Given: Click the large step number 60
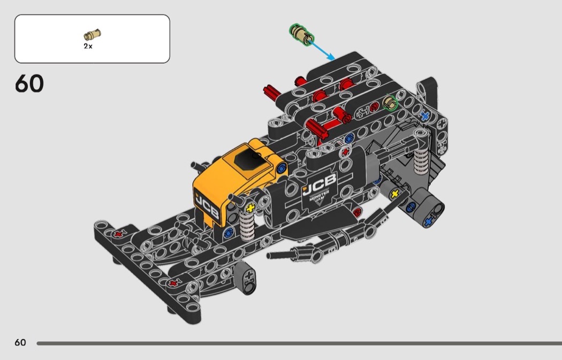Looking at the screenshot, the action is coord(29,83).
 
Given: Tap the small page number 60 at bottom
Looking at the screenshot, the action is coord(20,342).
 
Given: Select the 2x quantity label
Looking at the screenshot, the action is coord(88,46).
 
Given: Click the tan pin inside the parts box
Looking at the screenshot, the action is coord(93,35).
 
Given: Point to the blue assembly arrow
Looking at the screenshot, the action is coord(322,50).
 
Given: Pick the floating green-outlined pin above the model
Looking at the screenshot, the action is coord(302,35).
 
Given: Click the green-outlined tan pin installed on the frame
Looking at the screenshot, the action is coord(390,103).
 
